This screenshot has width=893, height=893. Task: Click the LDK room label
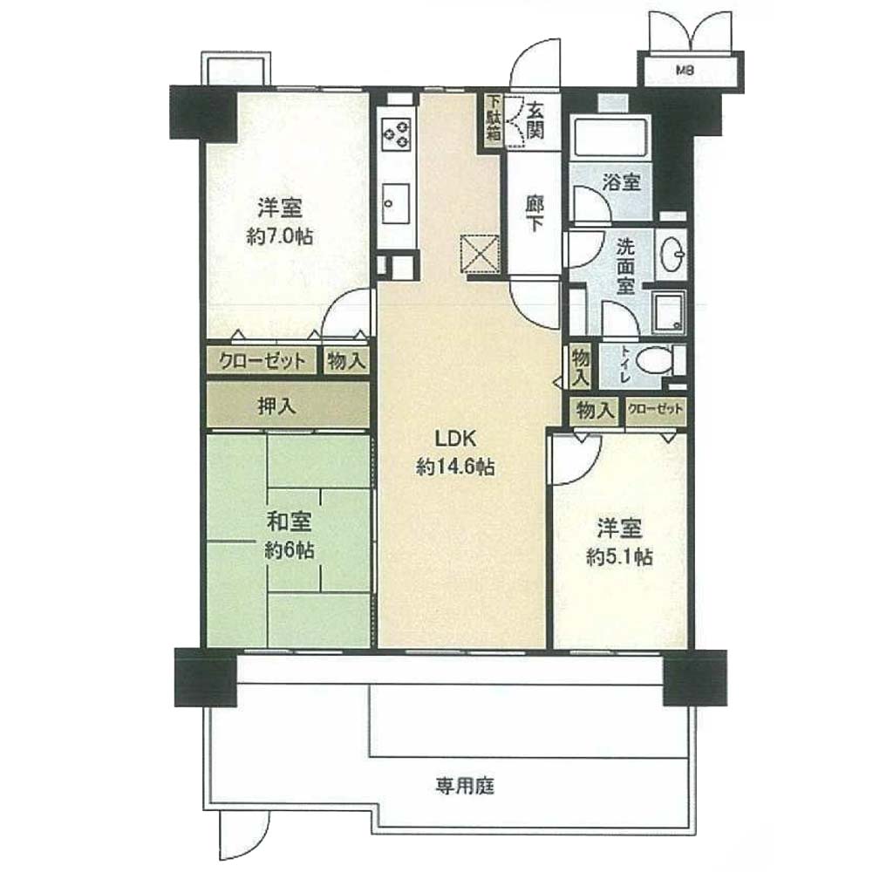454,439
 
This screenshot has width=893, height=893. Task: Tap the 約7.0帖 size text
280,235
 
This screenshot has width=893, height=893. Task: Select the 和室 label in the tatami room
290,521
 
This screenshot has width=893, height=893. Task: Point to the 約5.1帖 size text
620,556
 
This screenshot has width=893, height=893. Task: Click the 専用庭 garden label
466,787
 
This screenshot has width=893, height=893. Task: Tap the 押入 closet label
276,406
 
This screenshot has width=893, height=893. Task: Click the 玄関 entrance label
534,120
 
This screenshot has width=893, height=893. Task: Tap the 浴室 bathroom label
622,182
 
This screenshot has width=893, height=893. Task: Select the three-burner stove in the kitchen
397,135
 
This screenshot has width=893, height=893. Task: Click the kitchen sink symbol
395,203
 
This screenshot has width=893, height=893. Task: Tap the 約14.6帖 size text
455,467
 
